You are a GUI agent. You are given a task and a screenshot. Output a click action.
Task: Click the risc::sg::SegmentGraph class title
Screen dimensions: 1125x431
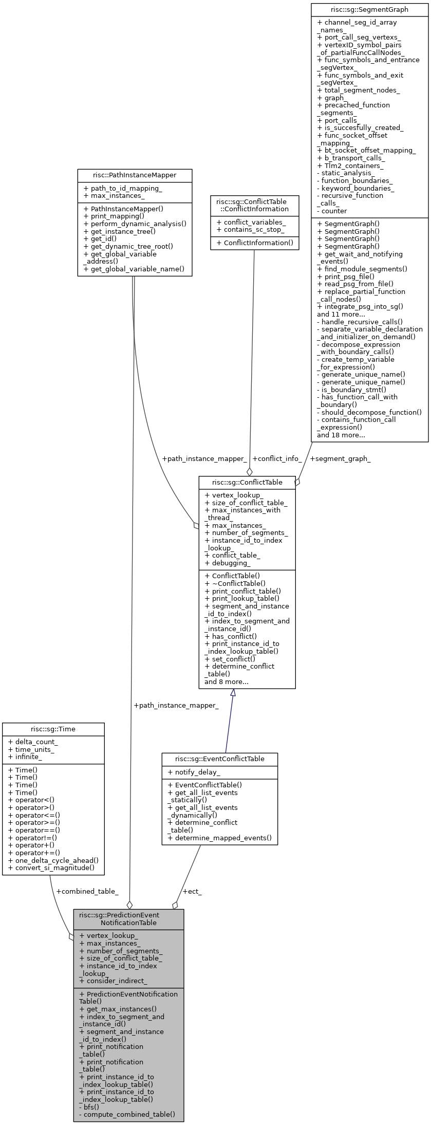click(x=369, y=9)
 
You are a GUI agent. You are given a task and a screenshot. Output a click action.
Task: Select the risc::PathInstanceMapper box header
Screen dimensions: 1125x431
click(x=135, y=175)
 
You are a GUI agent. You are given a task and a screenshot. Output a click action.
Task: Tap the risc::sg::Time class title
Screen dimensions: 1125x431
click(x=53, y=729)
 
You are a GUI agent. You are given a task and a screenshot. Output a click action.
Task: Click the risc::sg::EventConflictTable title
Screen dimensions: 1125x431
click(x=220, y=759)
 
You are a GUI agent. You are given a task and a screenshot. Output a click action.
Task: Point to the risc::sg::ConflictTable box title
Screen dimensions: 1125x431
click(x=247, y=482)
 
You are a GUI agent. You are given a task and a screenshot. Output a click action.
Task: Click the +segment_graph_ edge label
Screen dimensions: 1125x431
click(x=341, y=458)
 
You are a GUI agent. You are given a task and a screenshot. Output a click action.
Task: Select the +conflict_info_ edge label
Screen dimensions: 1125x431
click(x=277, y=458)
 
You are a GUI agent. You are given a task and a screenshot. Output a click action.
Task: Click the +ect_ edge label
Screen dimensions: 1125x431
click(x=192, y=891)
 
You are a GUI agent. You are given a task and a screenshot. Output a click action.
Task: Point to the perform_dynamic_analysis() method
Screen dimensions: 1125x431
click(x=135, y=224)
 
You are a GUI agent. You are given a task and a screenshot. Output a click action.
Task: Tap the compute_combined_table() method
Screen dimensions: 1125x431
click(x=129, y=1114)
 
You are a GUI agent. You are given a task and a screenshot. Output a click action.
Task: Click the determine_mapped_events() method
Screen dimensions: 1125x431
click(x=223, y=838)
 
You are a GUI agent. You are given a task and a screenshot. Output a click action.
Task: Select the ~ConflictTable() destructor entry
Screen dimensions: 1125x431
click(x=238, y=583)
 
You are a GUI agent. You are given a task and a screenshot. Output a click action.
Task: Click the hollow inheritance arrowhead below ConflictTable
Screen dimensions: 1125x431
click(x=233, y=693)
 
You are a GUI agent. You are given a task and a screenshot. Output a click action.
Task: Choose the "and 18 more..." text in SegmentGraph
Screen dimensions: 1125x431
click(x=341, y=435)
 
